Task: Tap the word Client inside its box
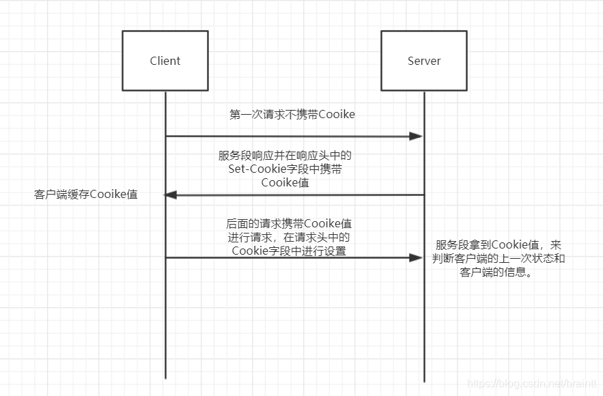[x=165, y=61]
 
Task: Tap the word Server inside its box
[x=424, y=61]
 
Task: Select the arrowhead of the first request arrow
[x=417, y=137]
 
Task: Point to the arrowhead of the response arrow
[x=171, y=195]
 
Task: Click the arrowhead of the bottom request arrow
[x=417, y=257]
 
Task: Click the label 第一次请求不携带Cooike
[x=292, y=115]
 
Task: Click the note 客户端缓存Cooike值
[x=86, y=195]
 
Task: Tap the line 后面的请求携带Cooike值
[x=289, y=224]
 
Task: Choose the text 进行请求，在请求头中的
[x=289, y=238]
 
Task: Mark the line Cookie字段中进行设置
[x=289, y=251]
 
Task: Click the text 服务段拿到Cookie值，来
[x=499, y=245]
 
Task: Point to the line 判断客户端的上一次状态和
[x=499, y=259]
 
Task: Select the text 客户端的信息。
[x=496, y=273]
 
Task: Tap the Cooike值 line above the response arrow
[x=285, y=182]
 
